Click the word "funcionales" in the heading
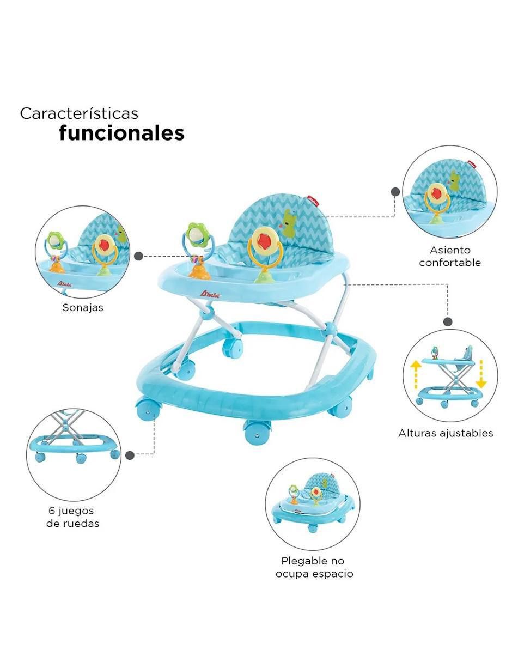pos(122,133)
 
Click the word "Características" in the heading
pos(79,113)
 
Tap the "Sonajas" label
pos(83,307)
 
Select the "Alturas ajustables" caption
pos(446,433)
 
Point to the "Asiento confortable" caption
pos(450,256)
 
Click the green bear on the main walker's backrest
pos(289,223)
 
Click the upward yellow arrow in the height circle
pos(416,374)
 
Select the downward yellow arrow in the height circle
pos(481,374)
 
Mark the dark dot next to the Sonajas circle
pos(138,256)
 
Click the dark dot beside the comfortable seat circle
pos(395,192)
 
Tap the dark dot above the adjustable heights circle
pos(448,322)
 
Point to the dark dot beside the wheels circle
pos(130,455)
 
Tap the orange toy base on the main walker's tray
pos(199,272)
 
